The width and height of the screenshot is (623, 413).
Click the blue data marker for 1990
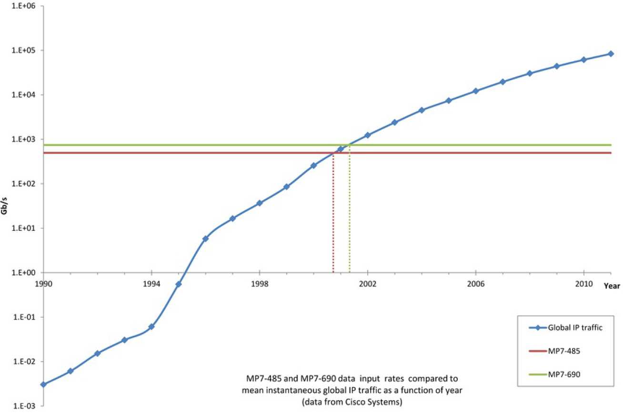[43, 384]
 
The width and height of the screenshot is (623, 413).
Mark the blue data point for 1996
[205, 238]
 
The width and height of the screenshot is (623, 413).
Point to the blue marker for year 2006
[475, 91]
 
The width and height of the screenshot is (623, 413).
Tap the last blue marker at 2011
[611, 54]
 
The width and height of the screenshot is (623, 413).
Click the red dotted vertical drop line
[333, 215]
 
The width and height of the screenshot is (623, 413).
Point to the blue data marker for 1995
[179, 284]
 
